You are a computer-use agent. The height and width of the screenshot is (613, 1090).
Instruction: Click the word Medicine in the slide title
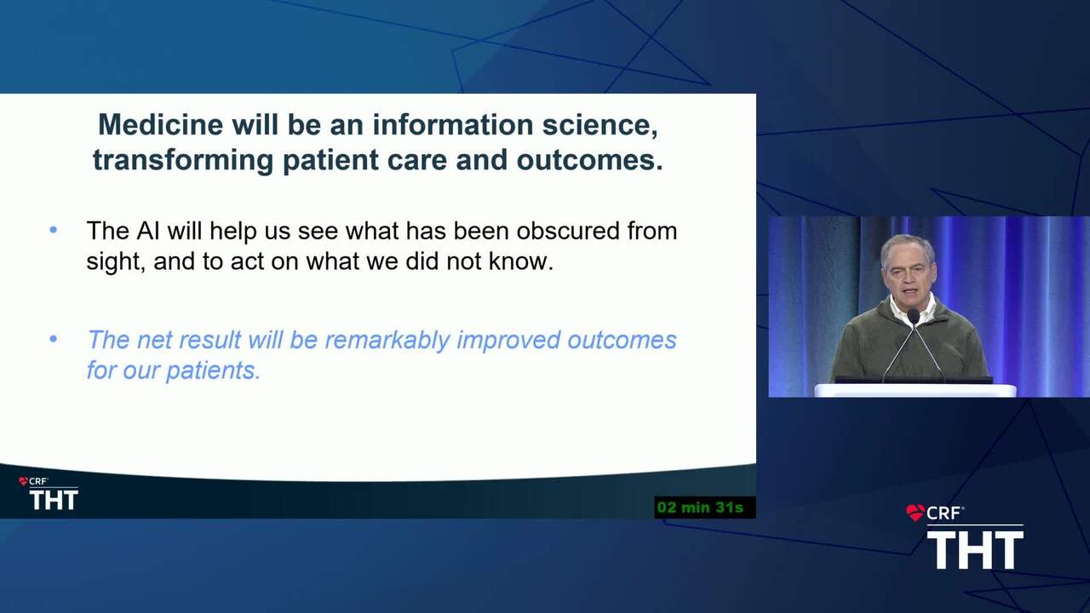[x=161, y=124]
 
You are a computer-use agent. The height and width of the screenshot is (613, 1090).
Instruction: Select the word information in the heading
[x=452, y=124]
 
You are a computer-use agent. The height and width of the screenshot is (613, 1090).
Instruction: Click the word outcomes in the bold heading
[x=589, y=160]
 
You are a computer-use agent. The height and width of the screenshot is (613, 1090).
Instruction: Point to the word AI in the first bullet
[x=148, y=231]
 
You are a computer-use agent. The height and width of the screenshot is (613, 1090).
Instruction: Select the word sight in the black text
[x=116, y=262]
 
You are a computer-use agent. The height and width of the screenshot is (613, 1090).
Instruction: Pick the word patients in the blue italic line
[x=213, y=370]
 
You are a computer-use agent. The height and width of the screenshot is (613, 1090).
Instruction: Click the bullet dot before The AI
[x=54, y=230]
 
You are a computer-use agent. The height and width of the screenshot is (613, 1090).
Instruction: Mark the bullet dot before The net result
[x=54, y=339]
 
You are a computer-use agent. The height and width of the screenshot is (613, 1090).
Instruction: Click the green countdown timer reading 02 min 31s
[x=700, y=507]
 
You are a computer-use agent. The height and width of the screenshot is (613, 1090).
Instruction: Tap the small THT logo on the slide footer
[x=54, y=500]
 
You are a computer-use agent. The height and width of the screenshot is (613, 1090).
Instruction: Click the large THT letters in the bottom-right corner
[x=975, y=550]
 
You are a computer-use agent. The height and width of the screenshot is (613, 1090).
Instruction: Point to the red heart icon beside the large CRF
[x=915, y=513]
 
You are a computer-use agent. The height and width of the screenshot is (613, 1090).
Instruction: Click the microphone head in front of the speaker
[x=913, y=317]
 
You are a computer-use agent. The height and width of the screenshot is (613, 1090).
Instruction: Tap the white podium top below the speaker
[x=915, y=390]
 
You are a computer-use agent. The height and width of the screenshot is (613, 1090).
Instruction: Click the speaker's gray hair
[x=907, y=246]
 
